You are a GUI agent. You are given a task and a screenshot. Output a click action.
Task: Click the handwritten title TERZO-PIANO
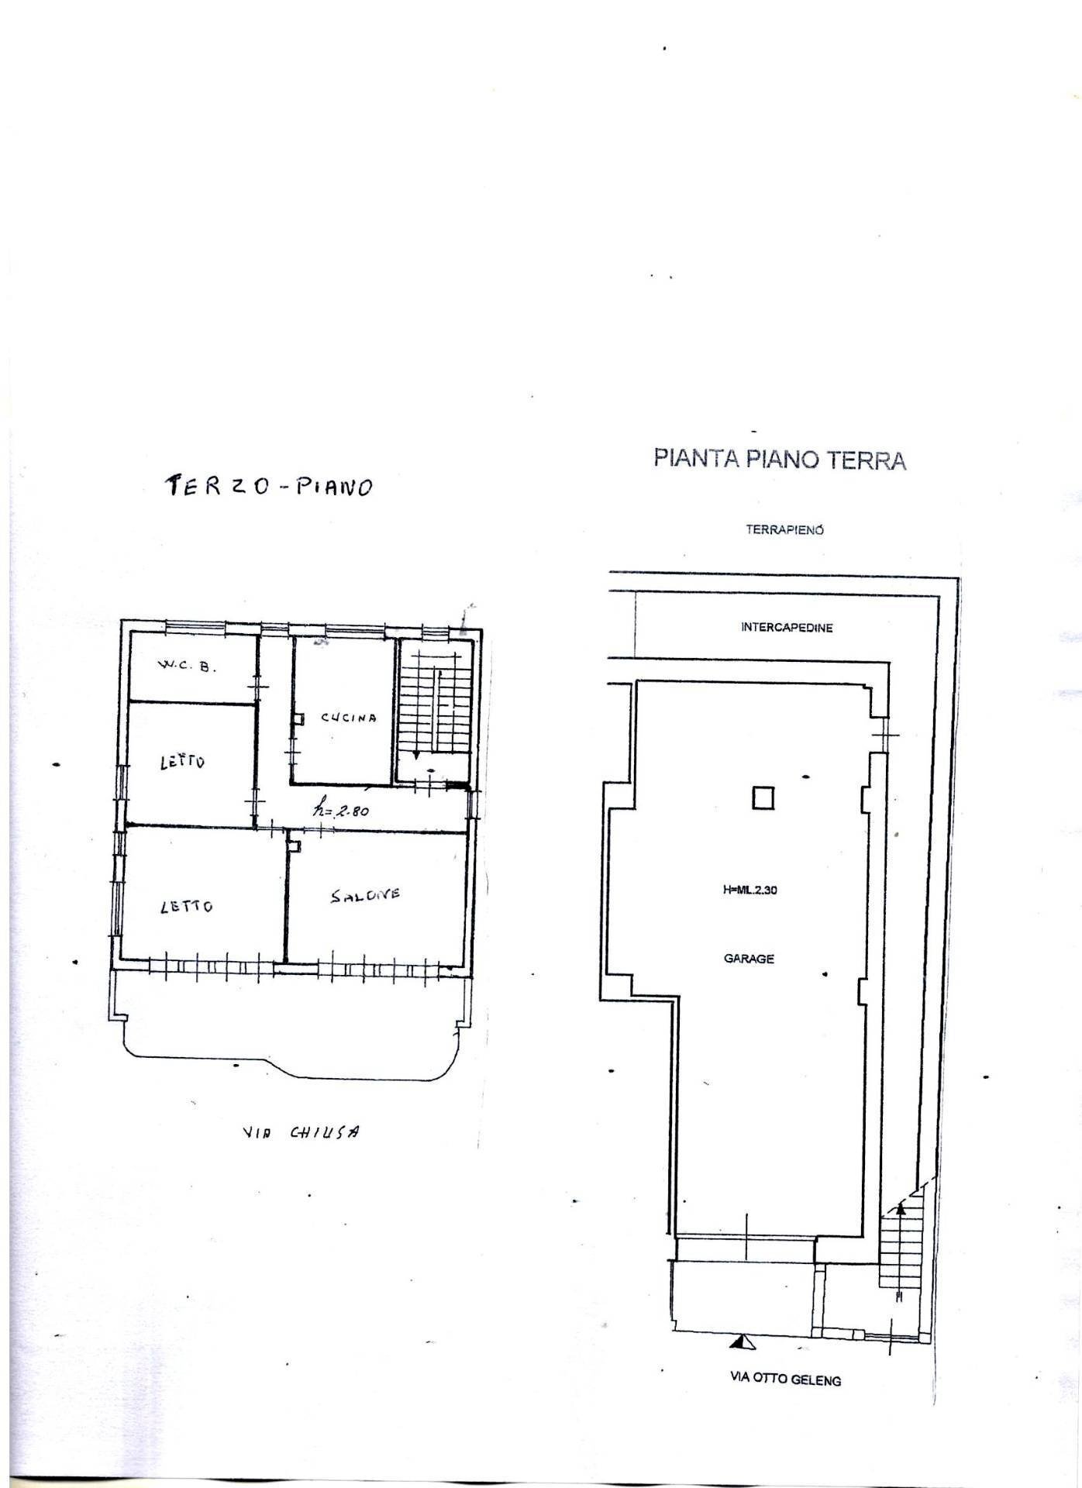coord(269,486)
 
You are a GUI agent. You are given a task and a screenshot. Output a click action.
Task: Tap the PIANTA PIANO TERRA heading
coord(780,459)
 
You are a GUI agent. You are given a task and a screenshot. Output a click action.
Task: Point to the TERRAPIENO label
coord(784,530)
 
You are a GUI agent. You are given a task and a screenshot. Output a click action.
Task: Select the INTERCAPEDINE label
coord(787,628)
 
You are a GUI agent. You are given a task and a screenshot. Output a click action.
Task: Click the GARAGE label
coord(749,959)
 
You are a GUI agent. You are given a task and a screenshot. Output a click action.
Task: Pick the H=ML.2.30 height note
coord(749,890)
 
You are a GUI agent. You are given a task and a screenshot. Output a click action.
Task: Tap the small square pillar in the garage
coord(763,797)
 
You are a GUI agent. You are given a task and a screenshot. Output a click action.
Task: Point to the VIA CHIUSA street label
coord(300,1132)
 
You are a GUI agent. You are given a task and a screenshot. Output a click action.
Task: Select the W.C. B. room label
coord(187,665)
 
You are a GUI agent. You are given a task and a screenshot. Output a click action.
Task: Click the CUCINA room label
coord(349,718)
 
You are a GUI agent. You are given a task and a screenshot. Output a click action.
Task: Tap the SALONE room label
coord(365,895)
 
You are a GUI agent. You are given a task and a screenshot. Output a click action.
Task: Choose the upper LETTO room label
coord(183,761)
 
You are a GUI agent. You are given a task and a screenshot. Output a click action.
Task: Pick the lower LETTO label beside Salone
coord(186,906)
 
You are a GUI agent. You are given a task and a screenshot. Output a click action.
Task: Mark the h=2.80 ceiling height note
coord(340,811)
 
